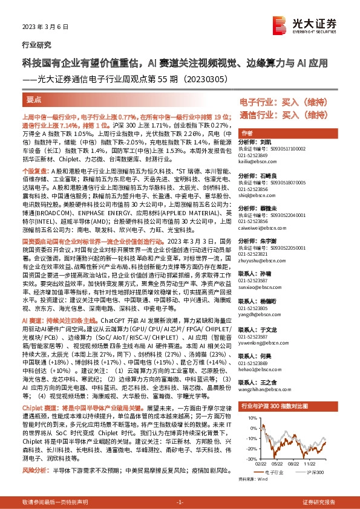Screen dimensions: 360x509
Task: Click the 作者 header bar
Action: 247,132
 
